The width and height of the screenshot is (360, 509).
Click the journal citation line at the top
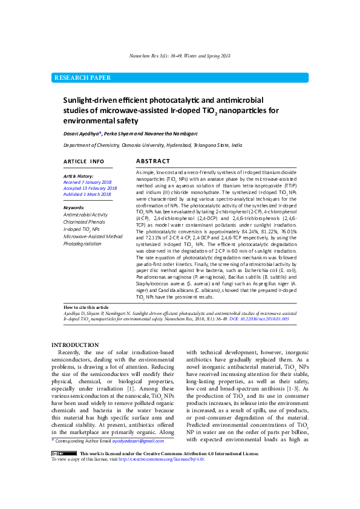point(180,56)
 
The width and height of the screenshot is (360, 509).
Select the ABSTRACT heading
point(152,161)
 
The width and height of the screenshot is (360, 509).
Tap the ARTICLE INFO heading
point(83,162)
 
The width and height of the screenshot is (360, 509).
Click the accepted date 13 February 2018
point(90,188)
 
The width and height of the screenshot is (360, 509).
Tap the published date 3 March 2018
point(87,194)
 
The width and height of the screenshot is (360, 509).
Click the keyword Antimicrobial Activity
point(85,215)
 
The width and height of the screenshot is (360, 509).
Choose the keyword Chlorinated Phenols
point(84,222)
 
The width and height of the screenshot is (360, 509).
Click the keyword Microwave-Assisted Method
point(93,236)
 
